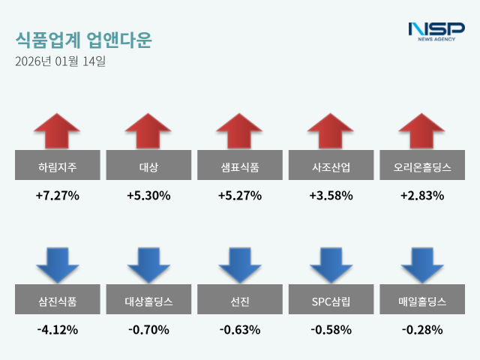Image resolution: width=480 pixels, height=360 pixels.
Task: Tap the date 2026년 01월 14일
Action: (x=60, y=61)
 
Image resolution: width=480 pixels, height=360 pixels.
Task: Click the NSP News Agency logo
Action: (x=436, y=31)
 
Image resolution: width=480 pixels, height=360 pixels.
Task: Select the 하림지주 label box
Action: (x=57, y=166)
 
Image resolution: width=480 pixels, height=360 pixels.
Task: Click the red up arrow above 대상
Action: (x=148, y=131)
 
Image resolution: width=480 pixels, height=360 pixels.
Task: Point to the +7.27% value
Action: (x=57, y=196)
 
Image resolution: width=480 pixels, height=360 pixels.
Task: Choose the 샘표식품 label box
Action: (x=240, y=166)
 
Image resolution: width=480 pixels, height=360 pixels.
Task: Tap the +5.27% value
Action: (x=240, y=196)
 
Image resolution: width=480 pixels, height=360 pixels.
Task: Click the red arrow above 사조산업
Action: (x=331, y=131)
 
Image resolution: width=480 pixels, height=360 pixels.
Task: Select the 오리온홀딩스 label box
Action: (x=422, y=166)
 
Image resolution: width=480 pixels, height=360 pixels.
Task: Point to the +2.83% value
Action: (x=422, y=196)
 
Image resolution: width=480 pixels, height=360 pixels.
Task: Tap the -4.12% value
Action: (x=57, y=329)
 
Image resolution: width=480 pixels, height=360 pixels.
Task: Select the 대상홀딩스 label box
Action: (x=148, y=302)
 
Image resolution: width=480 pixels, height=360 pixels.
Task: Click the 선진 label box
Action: (x=240, y=302)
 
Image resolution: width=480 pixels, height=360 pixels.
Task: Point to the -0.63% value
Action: (x=240, y=329)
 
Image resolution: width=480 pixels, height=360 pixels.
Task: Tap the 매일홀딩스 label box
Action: (x=422, y=302)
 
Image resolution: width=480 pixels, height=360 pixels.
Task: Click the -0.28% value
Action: (x=422, y=329)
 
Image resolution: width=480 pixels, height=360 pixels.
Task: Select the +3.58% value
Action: (x=331, y=196)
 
